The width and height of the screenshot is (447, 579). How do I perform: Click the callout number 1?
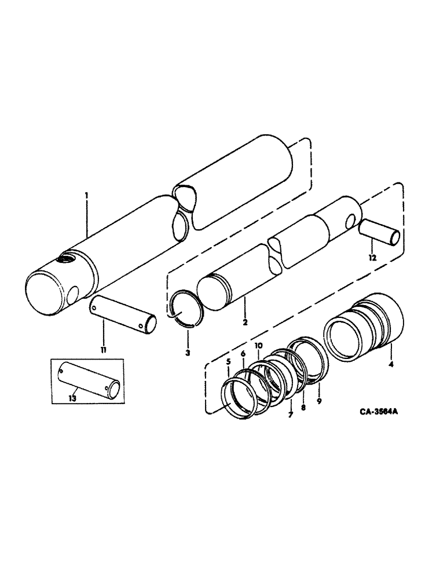[x=86, y=196]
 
